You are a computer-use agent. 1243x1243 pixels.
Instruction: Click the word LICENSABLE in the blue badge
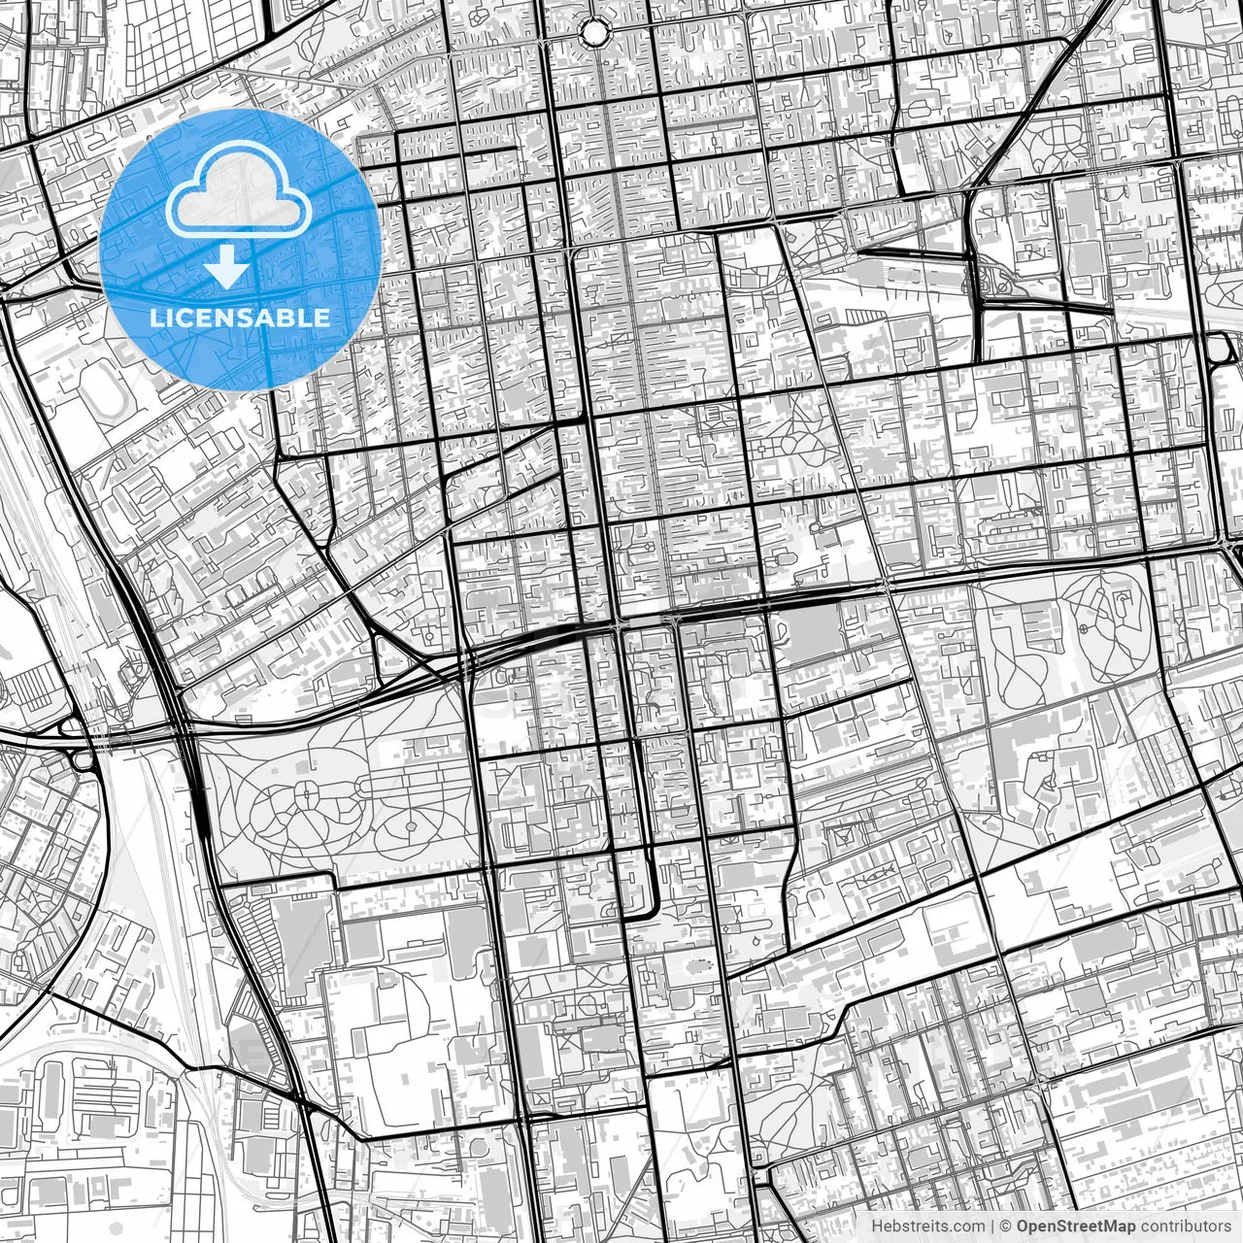pyautogui.click(x=240, y=318)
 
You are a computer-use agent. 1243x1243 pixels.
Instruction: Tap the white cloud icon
pyautogui.click(x=239, y=190)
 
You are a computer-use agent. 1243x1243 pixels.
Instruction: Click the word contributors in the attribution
pyautogui.click(x=1185, y=1226)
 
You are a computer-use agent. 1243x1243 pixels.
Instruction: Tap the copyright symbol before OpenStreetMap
pyautogui.click(x=1007, y=1226)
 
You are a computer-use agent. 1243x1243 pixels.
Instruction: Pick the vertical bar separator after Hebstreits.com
pyautogui.click(x=992, y=1226)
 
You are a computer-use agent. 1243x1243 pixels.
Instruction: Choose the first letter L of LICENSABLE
pyautogui.click(x=155, y=318)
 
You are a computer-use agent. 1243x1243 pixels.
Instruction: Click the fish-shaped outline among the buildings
pyautogui.click(x=879, y=877)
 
